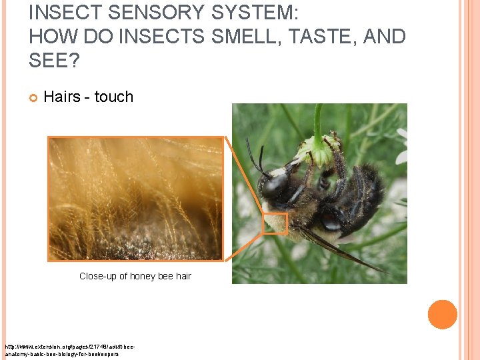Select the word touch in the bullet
click(x=114, y=97)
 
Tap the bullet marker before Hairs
click(x=33, y=97)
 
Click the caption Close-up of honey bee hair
click(x=135, y=276)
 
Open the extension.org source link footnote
click(x=63, y=351)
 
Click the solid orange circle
click(x=442, y=315)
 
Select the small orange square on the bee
click(x=275, y=223)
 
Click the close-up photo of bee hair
click(x=136, y=198)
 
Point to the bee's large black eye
click(x=275, y=184)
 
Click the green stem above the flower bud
click(x=318, y=120)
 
